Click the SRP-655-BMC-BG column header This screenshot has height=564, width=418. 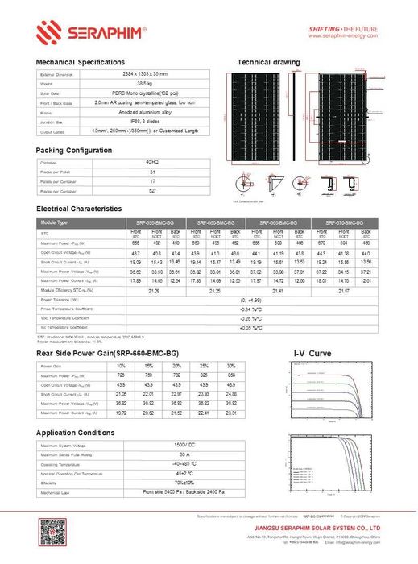coord(151,222)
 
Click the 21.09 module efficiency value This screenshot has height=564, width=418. coord(151,290)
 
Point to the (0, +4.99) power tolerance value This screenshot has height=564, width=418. coord(249,300)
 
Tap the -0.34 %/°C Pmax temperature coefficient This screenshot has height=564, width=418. coord(249,309)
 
